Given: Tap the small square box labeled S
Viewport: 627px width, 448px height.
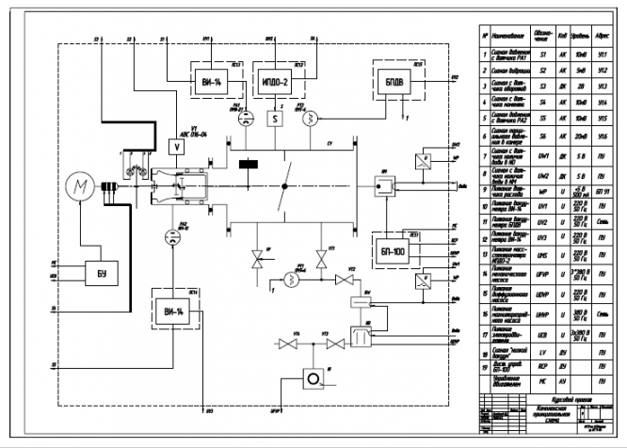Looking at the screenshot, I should [x=275, y=120].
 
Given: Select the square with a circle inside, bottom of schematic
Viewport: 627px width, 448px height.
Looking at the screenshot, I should [x=309, y=378].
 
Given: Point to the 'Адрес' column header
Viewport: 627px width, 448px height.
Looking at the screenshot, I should [x=603, y=39].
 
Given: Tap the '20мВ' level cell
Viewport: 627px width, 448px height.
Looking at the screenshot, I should [x=581, y=135].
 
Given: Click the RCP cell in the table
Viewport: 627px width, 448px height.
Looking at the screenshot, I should [x=543, y=366].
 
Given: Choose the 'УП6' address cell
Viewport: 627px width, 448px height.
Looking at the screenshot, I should [x=603, y=135].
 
